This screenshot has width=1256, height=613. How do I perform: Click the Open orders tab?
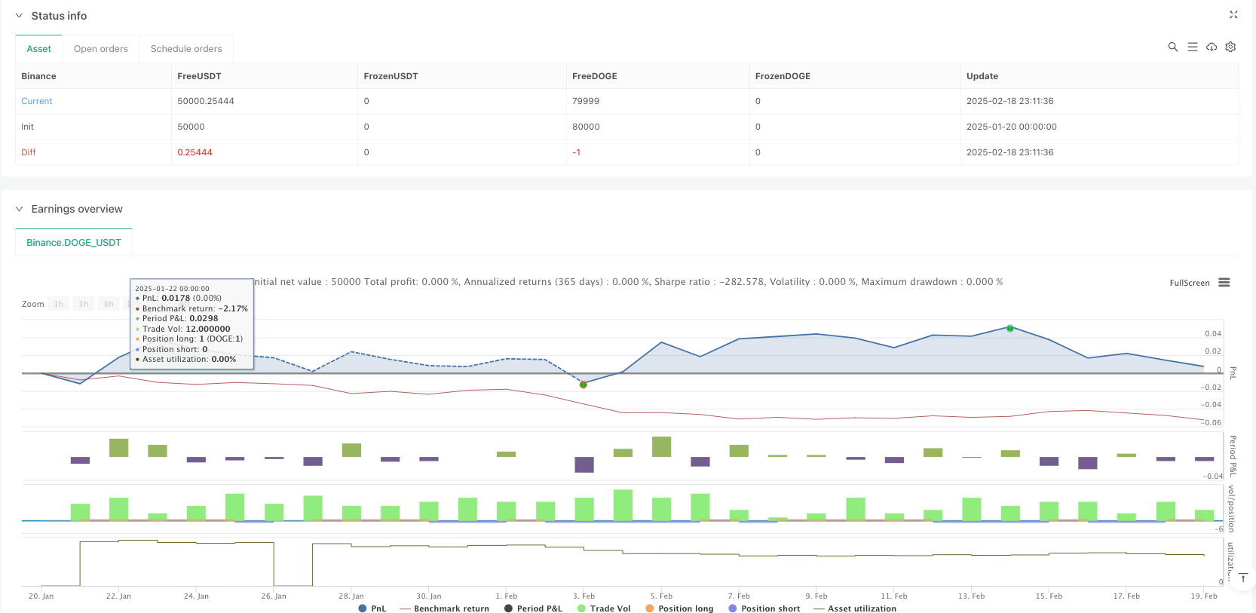pyautogui.click(x=101, y=49)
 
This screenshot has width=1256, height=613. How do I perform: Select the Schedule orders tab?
pyautogui.click(x=186, y=49)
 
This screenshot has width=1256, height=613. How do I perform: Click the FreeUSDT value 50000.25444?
pyautogui.click(x=206, y=101)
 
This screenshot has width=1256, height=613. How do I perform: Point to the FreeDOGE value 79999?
pyautogui.click(x=586, y=101)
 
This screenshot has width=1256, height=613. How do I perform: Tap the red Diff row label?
pyautogui.click(x=29, y=152)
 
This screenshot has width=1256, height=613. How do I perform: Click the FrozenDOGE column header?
pyautogui.click(x=783, y=76)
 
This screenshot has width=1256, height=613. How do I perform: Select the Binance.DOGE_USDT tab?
pyautogui.click(x=74, y=243)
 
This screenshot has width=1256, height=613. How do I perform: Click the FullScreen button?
pyautogui.click(x=1189, y=284)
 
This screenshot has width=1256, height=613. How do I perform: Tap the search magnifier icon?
pyautogui.click(x=1173, y=47)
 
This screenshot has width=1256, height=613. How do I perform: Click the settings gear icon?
pyautogui.click(x=1230, y=47)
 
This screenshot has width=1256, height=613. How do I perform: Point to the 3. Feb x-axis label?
pyautogui.click(x=584, y=596)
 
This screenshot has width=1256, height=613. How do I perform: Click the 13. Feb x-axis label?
pyautogui.click(x=971, y=596)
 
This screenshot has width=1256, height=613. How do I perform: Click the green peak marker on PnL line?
pyautogui.click(x=1009, y=328)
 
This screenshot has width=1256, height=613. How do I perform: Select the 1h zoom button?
pyautogui.click(x=59, y=304)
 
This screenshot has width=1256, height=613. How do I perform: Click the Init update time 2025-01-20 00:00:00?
pyautogui.click(x=1011, y=127)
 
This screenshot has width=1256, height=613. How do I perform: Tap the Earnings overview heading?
pyautogui.click(x=77, y=209)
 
